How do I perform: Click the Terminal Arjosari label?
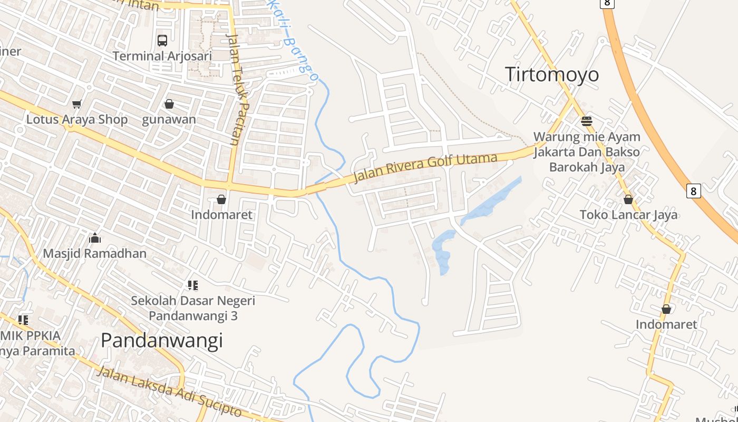162,56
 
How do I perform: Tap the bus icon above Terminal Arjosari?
162,40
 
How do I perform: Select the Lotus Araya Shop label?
77,119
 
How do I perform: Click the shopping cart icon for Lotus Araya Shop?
77,104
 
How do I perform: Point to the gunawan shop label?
169,119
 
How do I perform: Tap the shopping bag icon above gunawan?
169,104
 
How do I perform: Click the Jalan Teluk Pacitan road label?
236,90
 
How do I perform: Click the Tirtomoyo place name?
552,74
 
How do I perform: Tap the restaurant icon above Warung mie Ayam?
587,121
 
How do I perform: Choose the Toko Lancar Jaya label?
628,215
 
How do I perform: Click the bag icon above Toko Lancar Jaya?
628,199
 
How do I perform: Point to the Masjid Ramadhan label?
95,253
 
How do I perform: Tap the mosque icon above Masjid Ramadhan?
95,238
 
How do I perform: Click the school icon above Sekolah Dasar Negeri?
193,285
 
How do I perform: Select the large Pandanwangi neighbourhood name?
162,341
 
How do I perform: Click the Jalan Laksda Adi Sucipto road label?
169,391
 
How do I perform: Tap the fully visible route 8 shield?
693,190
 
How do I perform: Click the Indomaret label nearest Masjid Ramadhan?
221,215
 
